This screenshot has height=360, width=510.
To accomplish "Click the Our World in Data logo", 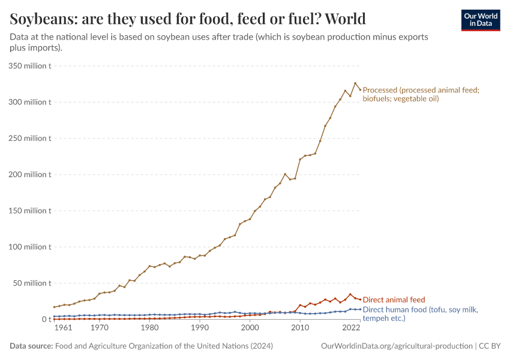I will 480,20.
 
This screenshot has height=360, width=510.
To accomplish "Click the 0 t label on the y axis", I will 46,319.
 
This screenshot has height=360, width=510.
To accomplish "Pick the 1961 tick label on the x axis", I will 64,328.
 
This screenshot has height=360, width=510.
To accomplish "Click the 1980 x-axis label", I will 149,328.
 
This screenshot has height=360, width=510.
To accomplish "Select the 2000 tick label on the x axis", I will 250,328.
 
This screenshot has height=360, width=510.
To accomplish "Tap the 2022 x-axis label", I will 350,328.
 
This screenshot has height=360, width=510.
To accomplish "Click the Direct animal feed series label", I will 394,299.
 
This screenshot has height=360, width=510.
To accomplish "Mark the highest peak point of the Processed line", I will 355,83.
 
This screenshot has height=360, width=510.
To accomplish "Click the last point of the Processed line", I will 360,89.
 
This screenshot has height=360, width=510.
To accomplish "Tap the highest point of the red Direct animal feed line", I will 350,295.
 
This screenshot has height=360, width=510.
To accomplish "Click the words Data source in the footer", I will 31,346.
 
